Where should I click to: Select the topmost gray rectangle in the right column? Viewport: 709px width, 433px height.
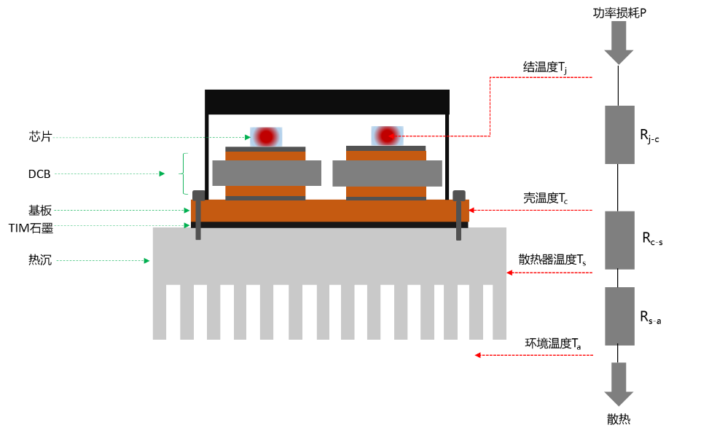(x=619, y=135)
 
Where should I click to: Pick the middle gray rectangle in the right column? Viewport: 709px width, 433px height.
(x=619, y=240)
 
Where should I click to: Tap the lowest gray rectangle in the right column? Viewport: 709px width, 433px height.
(x=619, y=316)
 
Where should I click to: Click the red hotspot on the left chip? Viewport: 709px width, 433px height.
(x=266, y=136)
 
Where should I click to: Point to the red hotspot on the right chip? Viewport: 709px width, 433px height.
(x=387, y=136)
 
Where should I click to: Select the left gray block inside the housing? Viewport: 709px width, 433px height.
(x=266, y=173)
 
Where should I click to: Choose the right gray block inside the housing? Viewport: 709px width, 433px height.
(x=387, y=173)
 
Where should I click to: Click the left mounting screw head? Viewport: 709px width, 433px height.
(x=198, y=195)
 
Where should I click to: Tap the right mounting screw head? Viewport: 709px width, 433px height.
(x=459, y=195)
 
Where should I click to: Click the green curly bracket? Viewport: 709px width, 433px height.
(x=185, y=173)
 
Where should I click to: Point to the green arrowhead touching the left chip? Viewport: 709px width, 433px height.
(x=248, y=137)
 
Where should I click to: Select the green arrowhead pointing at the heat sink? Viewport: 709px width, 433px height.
(x=146, y=260)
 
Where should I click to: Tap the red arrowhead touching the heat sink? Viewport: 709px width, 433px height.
(x=509, y=273)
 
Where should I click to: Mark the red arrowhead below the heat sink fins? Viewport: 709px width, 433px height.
(x=477, y=355)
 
